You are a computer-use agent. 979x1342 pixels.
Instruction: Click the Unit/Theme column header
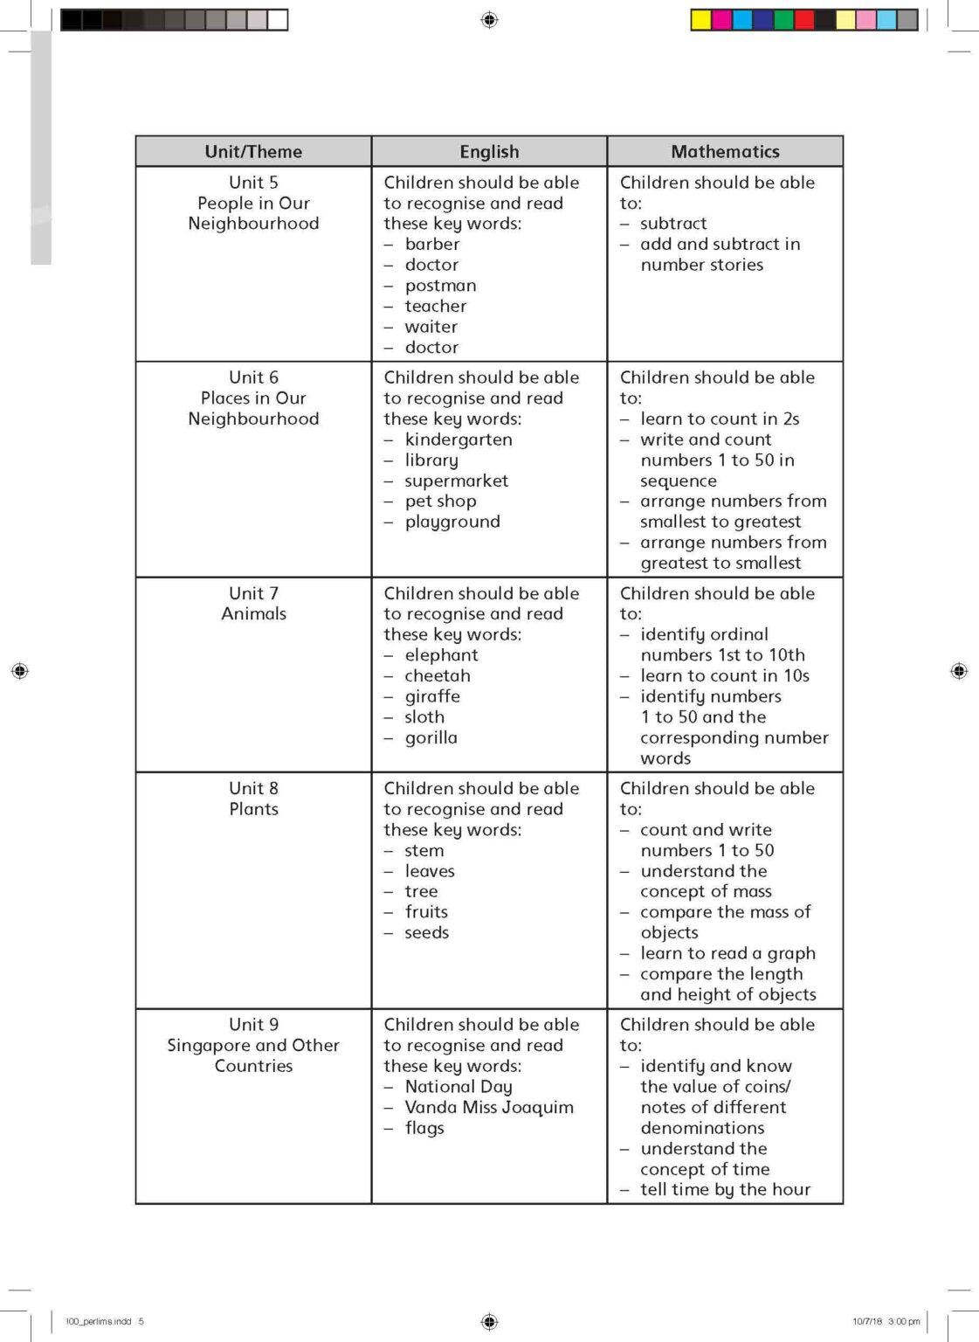[x=253, y=151]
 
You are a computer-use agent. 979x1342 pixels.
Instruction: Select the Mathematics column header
[x=725, y=151]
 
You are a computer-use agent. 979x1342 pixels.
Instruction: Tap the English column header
[x=489, y=151]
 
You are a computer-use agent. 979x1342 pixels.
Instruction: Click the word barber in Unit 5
[x=432, y=244]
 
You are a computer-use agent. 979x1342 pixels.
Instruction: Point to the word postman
[x=440, y=286]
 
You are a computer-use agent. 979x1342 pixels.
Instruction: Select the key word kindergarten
[x=458, y=439]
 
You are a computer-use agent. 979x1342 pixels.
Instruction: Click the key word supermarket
[x=456, y=481]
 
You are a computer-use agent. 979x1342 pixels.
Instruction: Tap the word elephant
[x=441, y=655]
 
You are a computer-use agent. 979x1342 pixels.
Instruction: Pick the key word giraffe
[x=432, y=696]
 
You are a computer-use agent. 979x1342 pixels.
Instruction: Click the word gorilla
[x=431, y=737]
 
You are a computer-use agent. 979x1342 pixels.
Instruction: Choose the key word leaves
[x=430, y=871]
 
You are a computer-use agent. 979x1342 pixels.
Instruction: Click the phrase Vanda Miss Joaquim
[x=489, y=1107]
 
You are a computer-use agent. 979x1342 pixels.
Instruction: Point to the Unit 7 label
[x=253, y=593]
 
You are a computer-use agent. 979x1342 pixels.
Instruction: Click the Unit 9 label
[x=253, y=1024]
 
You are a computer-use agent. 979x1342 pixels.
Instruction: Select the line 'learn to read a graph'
[x=727, y=953]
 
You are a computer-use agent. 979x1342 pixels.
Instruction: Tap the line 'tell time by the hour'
[x=725, y=1189]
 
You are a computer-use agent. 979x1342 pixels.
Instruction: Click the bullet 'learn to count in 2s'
[x=720, y=419]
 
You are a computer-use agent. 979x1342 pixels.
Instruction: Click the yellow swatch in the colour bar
[x=700, y=19]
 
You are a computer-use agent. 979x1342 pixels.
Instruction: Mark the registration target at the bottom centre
[x=489, y=1321]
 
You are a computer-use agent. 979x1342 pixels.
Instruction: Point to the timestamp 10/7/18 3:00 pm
[x=886, y=1321]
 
